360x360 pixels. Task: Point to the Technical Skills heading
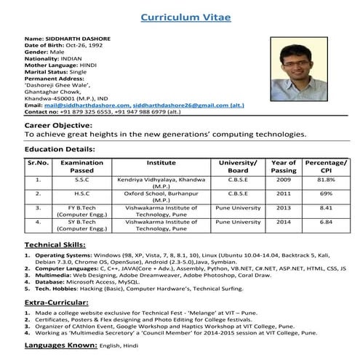tap(55, 245)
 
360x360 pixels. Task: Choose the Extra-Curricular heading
tap(57, 300)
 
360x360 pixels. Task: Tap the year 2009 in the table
tap(284, 179)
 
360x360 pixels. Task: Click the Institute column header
tap(161, 163)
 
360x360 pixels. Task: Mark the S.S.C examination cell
tap(81, 179)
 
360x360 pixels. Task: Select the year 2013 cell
tap(284, 207)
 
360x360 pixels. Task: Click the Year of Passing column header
tap(284, 167)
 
